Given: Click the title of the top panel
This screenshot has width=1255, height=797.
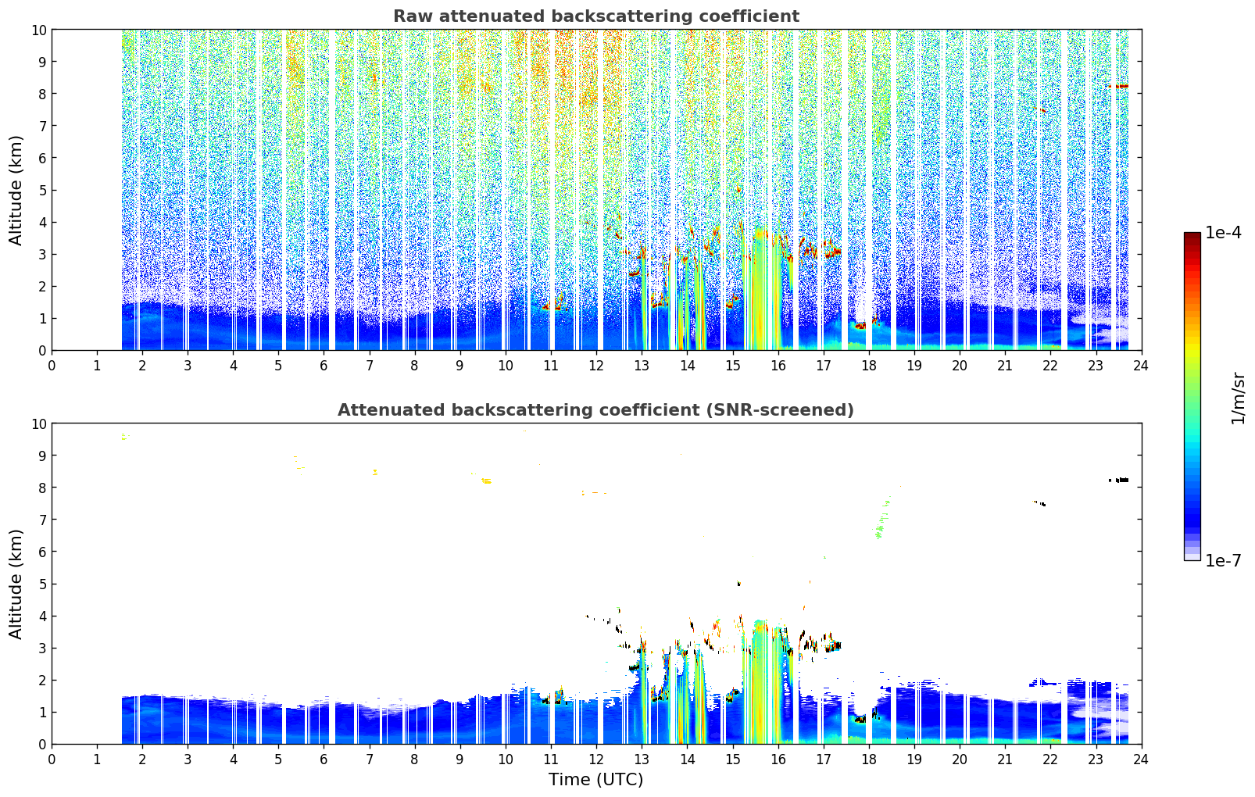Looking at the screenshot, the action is pyautogui.click(x=596, y=16).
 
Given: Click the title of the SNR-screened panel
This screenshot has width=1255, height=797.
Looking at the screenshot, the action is pyautogui.click(x=595, y=410).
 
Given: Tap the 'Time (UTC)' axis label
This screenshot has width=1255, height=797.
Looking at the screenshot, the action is pyautogui.click(x=595, y=780).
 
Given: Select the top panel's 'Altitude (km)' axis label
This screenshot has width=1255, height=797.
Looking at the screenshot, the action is pyautogui.click(x=16, y=191).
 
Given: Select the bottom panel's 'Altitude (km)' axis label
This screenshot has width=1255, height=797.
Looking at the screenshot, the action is pyautogui.click(x=16, y=584).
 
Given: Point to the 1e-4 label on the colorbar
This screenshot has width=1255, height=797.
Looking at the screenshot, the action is pyautogui.click(x=1223, y=232).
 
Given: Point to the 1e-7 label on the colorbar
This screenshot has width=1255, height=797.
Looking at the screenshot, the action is pyautogui.click(x=1223, y=561).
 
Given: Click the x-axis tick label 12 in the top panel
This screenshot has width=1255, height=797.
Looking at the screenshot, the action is pyautogui.click(x=596, y=366).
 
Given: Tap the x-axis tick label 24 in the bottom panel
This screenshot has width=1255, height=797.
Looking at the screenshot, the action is pyautogui.click(x=1141, y=759).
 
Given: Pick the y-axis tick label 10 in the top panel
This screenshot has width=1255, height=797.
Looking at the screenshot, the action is pyautogui.click(x=38, y=30).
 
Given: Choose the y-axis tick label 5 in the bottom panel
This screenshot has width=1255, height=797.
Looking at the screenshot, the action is pyautogui.click(x=42, y=584).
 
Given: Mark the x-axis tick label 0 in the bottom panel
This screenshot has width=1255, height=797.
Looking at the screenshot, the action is pyautogui.click(x=52, y=759).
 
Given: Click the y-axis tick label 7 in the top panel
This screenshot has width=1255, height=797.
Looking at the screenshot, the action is pyautogui.click(x=42, y=126).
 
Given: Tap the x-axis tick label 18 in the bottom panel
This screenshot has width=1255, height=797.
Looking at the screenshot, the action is pyautogui.click(x=868, y=759).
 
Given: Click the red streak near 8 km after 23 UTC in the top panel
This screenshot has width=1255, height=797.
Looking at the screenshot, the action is pyautogui.click(x=1117, y=86).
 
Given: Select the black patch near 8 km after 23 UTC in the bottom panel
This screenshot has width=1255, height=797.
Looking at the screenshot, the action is pyautogui.click(x=1118, y=480).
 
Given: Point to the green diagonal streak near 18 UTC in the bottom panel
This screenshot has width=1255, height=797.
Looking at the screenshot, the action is pyautogui.click(x=883, y=517).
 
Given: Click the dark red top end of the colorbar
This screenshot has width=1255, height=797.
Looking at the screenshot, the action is pyautogui.click(x=1192, y=235).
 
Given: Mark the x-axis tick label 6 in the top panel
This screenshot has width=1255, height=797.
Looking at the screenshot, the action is pyautogui.click(x=324, y=366).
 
